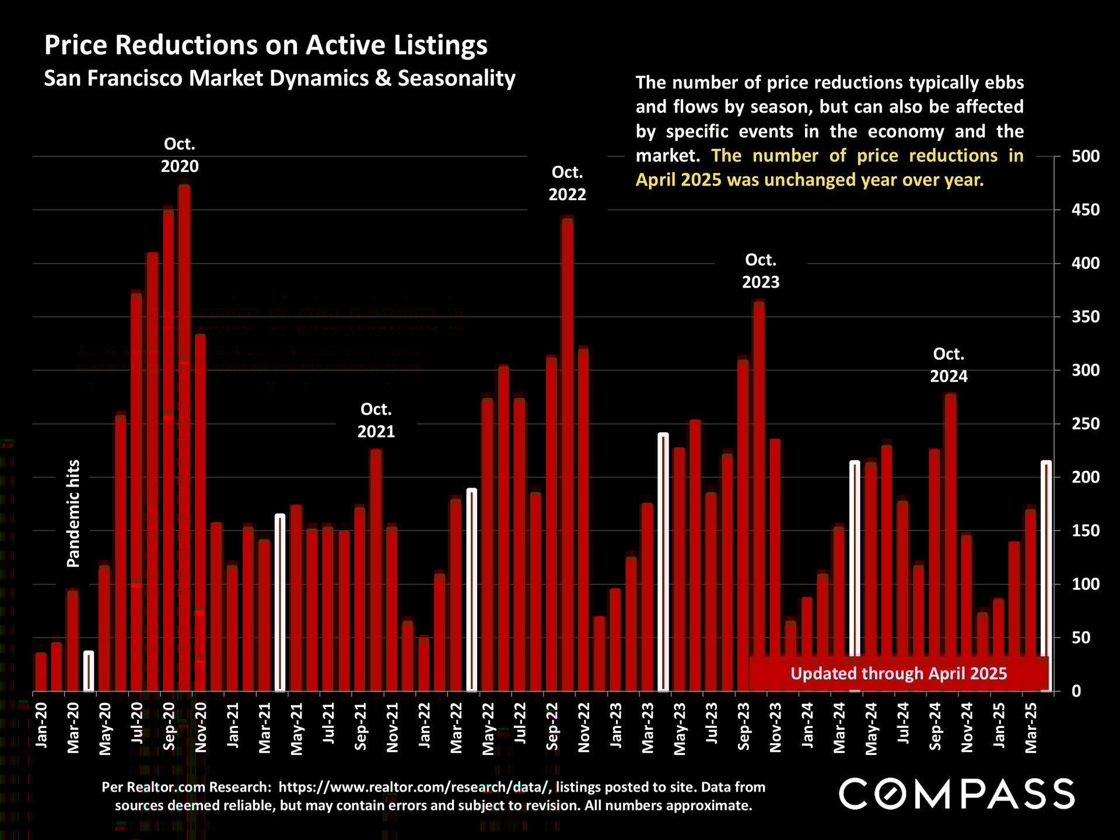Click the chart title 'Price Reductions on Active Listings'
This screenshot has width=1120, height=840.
point(266,45)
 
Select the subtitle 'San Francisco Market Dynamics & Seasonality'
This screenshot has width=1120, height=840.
point(280,78)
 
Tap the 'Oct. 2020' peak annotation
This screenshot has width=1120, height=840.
point(180,155)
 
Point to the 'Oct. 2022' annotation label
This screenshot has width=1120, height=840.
point(567,183)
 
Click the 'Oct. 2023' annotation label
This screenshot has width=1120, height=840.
point(761,271)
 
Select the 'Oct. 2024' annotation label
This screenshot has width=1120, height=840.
point(949,365)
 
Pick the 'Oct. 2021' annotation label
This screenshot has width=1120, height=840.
point(376,421)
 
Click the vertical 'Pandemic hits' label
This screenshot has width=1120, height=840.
point(73,513)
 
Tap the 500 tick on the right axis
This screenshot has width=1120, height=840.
point(1086,156)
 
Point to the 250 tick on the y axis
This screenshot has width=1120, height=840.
point(1086,423)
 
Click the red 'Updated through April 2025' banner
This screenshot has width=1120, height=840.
point(898,674)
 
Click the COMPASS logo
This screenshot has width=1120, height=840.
point(957,794)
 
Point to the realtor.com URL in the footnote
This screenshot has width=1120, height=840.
point(415,787)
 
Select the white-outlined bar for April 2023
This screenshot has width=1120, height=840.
point(663,562)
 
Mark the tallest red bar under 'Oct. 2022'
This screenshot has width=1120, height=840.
point(567,455)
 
